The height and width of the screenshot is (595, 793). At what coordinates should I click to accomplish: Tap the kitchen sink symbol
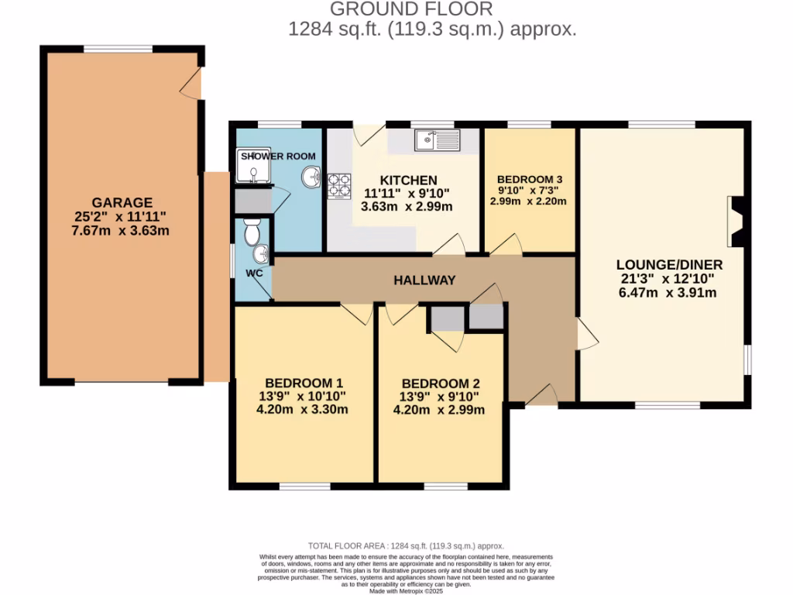point(438,141)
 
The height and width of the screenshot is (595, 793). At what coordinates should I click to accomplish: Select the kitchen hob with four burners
point(338,187)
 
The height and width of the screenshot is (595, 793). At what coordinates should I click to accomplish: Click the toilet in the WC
point(251,230)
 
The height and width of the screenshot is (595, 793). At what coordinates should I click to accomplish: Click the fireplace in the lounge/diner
point(735,222)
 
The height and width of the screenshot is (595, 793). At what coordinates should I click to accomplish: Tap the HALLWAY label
point(424,280)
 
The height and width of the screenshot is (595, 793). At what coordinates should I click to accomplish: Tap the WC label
point(255,273)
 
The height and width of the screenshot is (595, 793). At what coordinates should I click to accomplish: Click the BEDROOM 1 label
point(304,383)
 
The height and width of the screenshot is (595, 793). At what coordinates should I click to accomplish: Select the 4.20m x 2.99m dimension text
point(441,410)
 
